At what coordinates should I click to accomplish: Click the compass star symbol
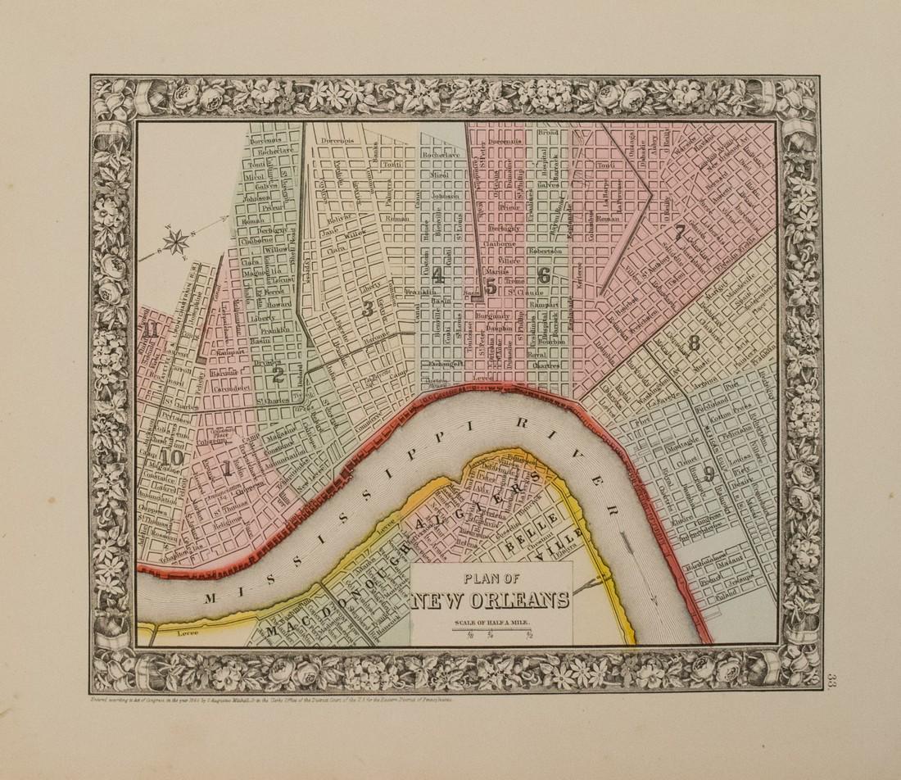(x=175, y=241)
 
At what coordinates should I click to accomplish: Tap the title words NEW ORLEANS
(x=491, y=601)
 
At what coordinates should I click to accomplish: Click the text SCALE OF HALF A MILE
(x=491, y=622)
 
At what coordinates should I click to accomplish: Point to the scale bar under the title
(x=491, y=631)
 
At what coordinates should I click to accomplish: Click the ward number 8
(x=694, y=342)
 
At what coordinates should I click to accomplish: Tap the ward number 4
(x=438, y=275)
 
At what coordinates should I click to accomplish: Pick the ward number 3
(x=368, y=308)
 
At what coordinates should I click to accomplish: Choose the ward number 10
(x=171, y=456)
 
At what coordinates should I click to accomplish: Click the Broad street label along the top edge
(x=547, y=131)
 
